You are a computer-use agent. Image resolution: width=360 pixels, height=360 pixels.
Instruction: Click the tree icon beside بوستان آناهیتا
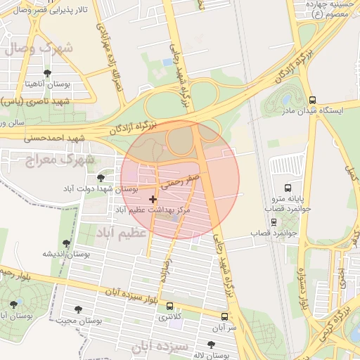(x=47, y=72)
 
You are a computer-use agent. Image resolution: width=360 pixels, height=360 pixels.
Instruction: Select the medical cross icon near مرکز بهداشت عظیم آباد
(x=153, y=200)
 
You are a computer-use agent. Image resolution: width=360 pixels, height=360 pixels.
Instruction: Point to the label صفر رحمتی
(x=181, y=183)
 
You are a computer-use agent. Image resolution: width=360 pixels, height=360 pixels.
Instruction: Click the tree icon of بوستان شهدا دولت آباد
(x=101, y=178)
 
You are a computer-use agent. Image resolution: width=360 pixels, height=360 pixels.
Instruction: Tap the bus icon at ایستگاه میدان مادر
(x=312, y=99)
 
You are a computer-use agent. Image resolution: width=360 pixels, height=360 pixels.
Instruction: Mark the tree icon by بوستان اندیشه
(x=66, y=243)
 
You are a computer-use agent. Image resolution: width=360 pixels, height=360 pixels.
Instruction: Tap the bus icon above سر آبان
(x=224, y=316)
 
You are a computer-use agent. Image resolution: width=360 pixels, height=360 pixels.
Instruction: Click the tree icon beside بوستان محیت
(x=77, y=309)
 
